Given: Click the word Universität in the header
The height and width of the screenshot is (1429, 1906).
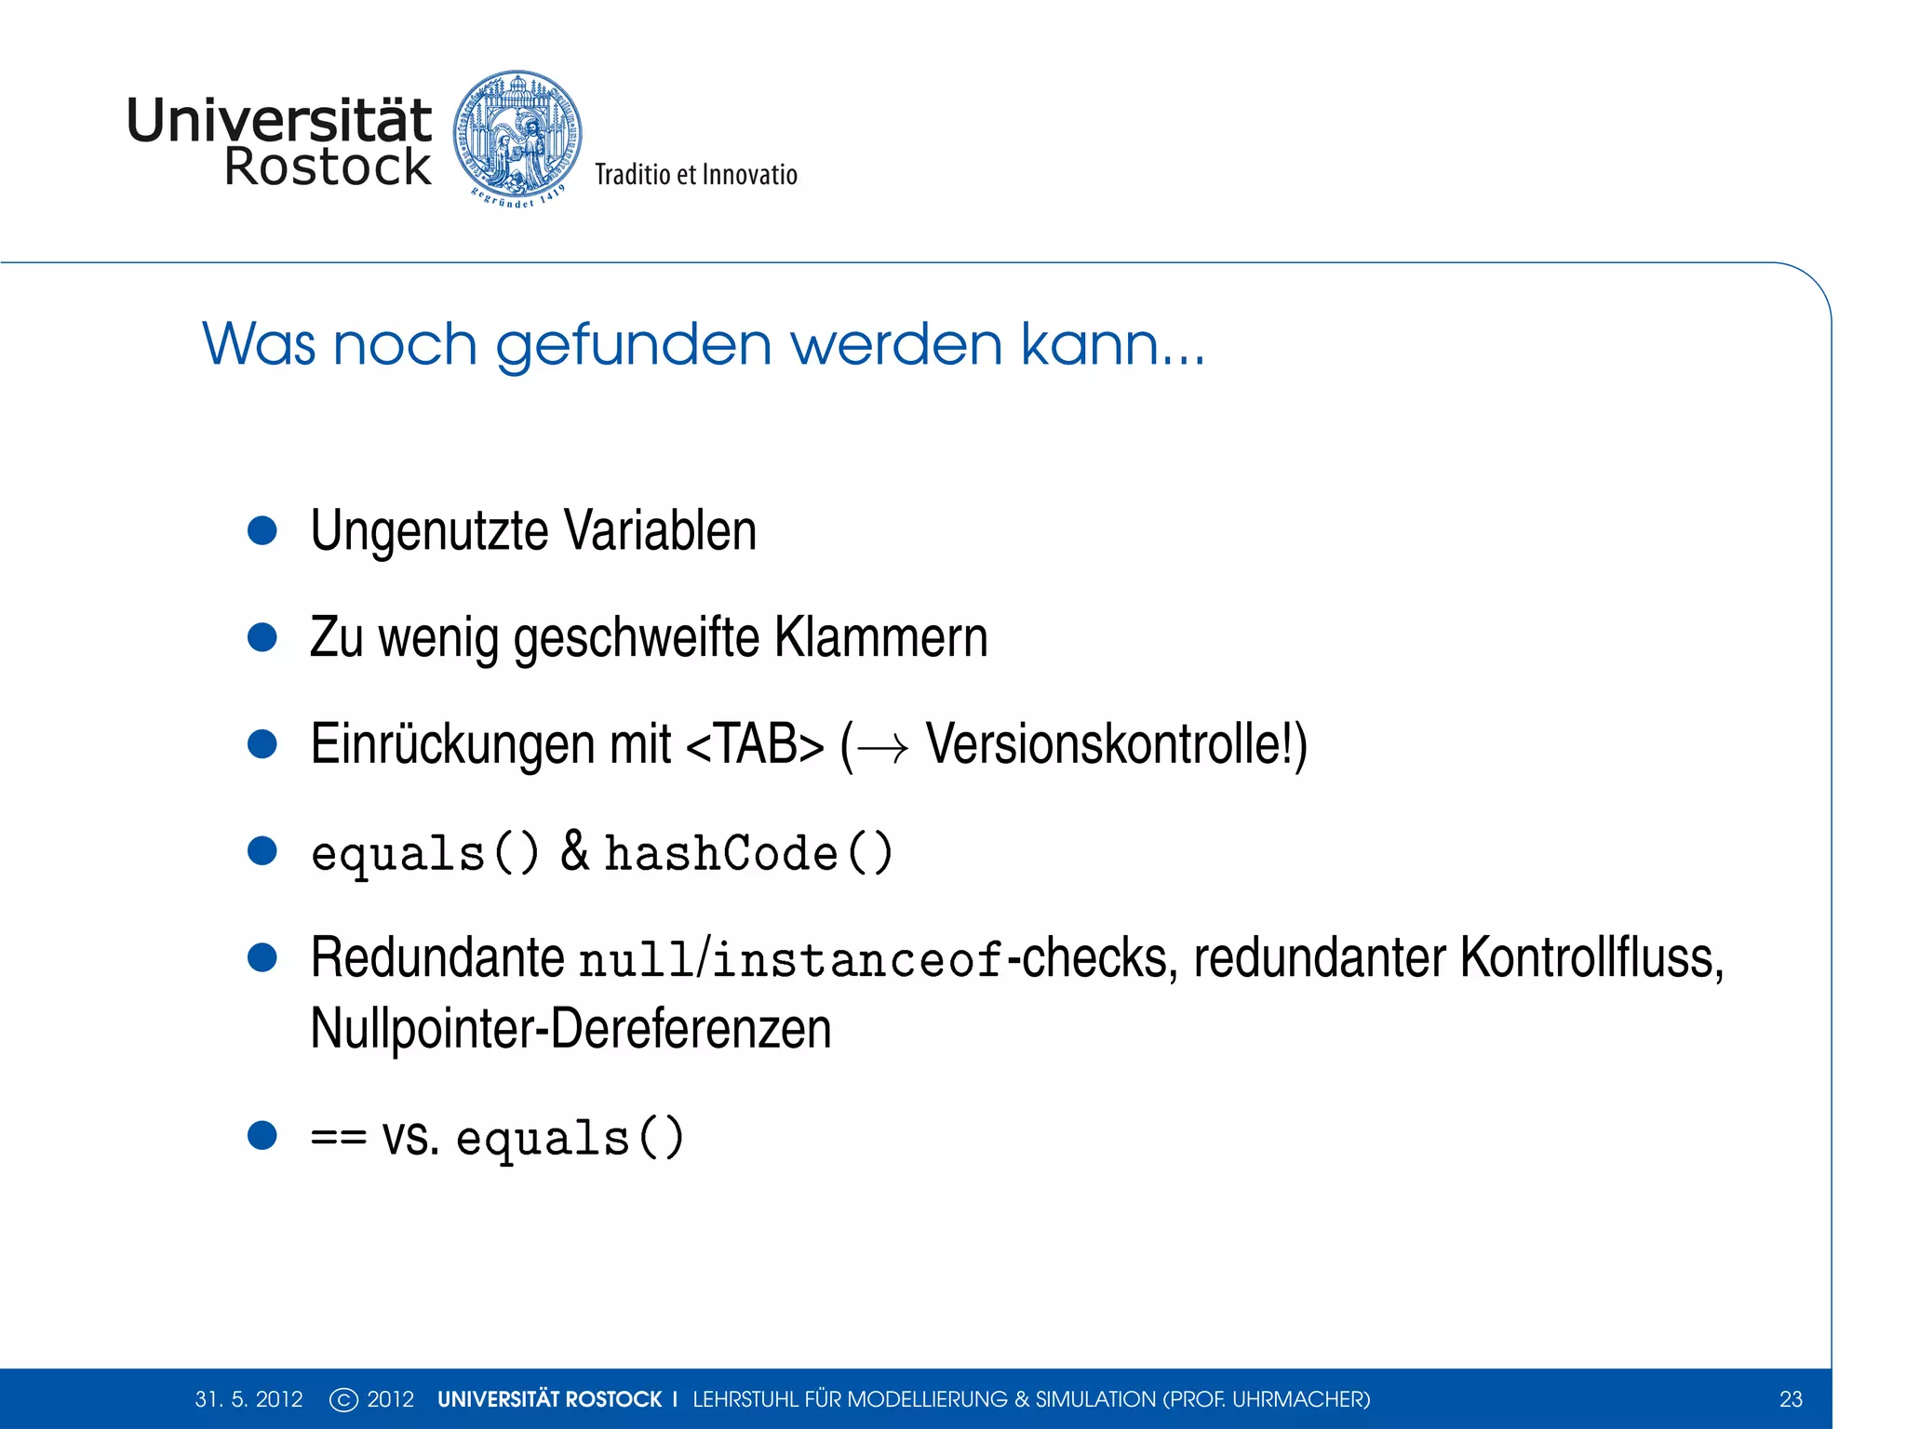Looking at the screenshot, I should click(278, 121).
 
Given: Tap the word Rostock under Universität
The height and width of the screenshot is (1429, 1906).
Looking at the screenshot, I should click(328, 167).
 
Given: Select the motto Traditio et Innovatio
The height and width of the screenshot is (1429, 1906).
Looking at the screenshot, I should click(696, 175).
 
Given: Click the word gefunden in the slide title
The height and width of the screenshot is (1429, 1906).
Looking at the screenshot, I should click(634, 343).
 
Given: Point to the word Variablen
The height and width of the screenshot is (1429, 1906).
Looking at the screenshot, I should click(660, 531).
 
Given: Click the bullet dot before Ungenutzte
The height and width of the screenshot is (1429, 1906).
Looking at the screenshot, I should click(262, 530).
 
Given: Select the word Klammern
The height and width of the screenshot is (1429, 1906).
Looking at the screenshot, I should click(880, 638).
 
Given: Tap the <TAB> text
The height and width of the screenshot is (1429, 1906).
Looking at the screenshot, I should click(755, 745).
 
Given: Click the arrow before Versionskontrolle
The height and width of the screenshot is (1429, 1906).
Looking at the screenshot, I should click(882, 748).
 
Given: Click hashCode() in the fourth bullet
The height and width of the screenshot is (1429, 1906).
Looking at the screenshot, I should click(748, 853).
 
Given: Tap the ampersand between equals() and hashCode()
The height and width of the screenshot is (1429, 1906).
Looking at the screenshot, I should click(574, 851).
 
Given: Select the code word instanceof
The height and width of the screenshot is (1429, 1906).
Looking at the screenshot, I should click(857, 960).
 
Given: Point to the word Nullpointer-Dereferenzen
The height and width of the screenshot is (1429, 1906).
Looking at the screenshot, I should click(570, 1029).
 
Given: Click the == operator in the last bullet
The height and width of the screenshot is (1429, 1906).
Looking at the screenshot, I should click(338, 1138).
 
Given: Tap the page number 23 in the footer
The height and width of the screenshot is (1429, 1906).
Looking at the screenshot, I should click(1791, 1399).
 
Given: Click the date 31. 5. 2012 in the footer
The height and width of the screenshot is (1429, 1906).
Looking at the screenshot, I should click(248, 1399).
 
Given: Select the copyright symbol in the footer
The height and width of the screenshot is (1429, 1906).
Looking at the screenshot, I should click(343, 1399).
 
